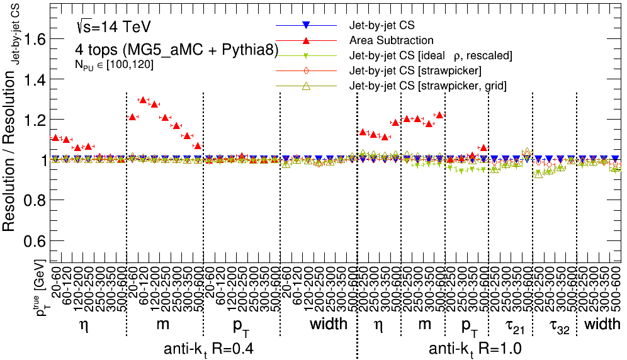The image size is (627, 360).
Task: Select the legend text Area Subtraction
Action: (x=391, y=40)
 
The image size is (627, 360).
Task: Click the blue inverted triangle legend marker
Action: (x=305, y=25)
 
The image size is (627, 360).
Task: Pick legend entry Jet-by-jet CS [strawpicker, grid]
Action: (x=428, y=86)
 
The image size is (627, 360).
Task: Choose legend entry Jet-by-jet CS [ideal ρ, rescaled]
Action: (x=431, y=55)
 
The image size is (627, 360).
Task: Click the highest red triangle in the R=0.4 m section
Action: (x=143, y=99)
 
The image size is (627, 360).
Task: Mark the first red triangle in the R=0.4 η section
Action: (x=55, y=137)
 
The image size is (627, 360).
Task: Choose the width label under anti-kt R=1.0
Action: (x=601, y=325)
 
